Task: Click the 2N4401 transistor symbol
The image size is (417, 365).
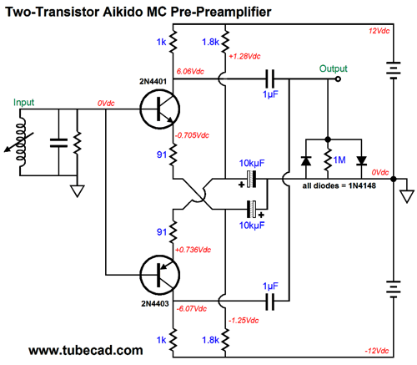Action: click(x=160, y=109)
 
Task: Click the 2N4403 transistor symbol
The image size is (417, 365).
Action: click(x=160, y=275)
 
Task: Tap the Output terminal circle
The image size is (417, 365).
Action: click(x=338, y=79)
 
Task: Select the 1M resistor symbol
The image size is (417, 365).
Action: click(x=328, y=160)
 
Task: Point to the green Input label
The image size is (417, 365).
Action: click(x=23, y=102)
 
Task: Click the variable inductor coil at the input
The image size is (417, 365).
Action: click(x=20, y=143)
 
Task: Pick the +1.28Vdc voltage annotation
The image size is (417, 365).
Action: click(x=244, y=56)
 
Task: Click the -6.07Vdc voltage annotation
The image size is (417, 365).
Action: click(x=192, y=308)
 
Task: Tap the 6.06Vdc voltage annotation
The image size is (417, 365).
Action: click(x=190, y=71)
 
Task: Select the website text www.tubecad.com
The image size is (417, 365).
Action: click(x=86, y=350)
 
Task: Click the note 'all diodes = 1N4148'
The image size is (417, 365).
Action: click(x=339, y=185)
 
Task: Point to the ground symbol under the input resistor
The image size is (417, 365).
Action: click(x=78, y=191)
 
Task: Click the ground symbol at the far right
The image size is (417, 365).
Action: click(x=407, y=196)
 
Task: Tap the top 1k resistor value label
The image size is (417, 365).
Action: click(x=161, y=42)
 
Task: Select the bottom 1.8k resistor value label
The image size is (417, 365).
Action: click(x=210, y=340)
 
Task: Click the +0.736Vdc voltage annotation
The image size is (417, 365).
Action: click(x=193, y=250)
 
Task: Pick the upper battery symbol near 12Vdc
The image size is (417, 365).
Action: click(x=394, y=68)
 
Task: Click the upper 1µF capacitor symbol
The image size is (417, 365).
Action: click(x=269, y=79)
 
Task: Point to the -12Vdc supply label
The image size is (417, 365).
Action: click(x=377, y=351)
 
